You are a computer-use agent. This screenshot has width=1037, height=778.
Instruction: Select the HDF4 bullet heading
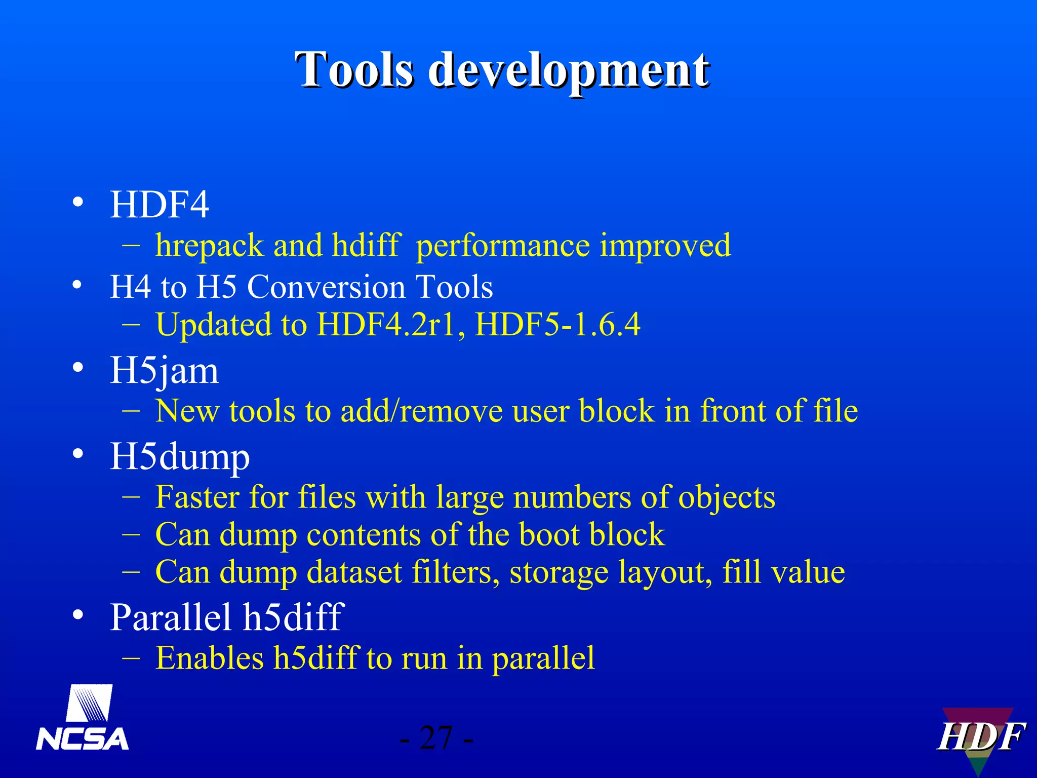click(159, 205)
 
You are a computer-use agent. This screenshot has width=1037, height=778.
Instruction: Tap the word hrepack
click(210, 246)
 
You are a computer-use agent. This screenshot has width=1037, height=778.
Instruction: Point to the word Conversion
click(326, 287)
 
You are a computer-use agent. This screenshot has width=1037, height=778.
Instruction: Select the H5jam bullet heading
click(165, 371)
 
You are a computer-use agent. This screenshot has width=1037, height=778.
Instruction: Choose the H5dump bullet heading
click(180, 457)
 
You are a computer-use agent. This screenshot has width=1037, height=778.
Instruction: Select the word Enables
click(210, 658)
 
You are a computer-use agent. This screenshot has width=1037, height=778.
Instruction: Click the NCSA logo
click(83, 719)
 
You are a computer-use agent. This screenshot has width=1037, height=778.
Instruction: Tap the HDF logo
click(980, 737)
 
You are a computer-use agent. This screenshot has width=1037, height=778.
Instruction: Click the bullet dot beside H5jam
click(77, 368)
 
